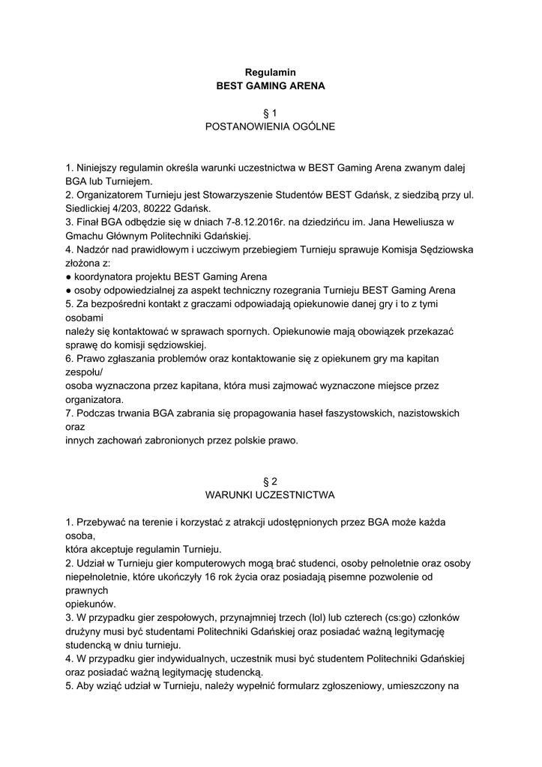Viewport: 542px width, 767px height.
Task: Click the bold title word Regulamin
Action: click(x=271, y=73)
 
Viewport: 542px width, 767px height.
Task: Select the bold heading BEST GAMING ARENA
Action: click(x=271, y=86)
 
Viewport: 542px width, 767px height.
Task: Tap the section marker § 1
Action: click(x=271, y=113)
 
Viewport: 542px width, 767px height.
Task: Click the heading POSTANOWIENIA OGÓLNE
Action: click(x=271, y=127)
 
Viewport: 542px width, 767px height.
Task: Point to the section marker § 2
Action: click(x=271, y=481)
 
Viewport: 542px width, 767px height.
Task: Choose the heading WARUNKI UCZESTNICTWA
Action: click(x=271, y=494)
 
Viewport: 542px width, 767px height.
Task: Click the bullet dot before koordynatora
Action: click(x=68, y=276)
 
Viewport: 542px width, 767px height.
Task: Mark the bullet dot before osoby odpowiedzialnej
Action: click(x=68, y=290)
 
